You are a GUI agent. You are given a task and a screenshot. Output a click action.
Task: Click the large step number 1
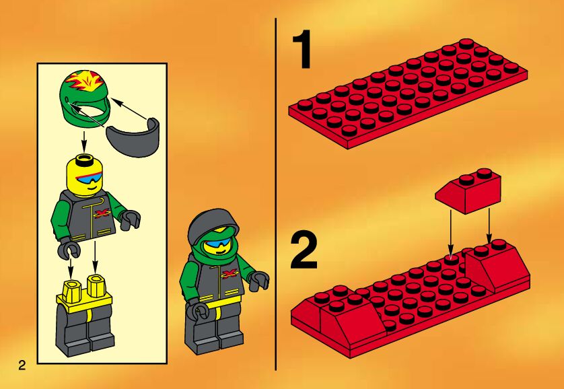click(x=302, y=49)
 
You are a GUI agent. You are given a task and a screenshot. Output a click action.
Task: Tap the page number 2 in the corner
click(x=22, y=365)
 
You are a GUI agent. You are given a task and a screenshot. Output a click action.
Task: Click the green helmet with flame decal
click(x=85, y=98)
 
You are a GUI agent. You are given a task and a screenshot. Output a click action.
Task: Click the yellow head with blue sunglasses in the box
click(x=85, y=176)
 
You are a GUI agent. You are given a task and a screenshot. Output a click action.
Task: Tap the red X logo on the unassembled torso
click(x=101, y=214)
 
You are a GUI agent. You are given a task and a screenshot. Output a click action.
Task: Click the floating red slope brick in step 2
click(x=468, y=190)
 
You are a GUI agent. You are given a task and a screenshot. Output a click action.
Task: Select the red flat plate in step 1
click(x=408, y=94)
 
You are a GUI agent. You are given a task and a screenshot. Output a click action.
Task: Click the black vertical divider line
click(x=276, y=194)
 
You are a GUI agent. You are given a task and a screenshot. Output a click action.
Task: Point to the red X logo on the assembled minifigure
click(x=230, y=275)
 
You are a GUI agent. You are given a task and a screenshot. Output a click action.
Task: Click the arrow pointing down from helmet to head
click(x=84, y=141)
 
